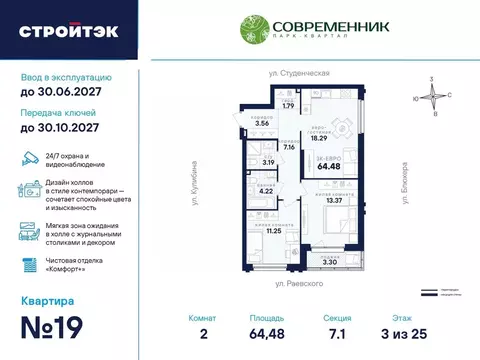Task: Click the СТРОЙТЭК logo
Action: pos(68,30)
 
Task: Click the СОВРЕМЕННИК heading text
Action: pos(313,22)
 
